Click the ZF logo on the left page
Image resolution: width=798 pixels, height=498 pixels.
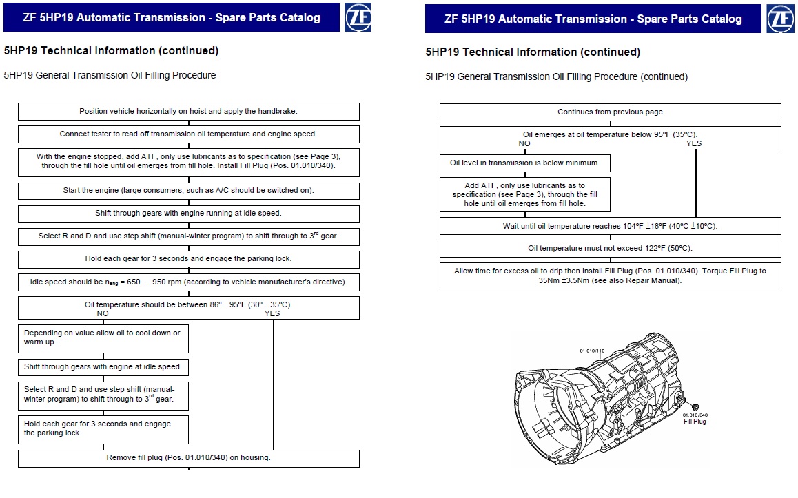(x=358, y=17)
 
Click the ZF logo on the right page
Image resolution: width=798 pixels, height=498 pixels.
(x=780, y=19)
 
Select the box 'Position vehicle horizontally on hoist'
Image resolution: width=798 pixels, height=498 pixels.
(x=188, y=112)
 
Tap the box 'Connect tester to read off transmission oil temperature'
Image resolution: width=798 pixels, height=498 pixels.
(x=188, y=134)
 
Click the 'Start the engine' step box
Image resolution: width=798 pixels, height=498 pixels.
(x=188, y=191)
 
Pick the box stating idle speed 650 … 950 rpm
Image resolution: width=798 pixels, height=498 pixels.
(x=188, y=282)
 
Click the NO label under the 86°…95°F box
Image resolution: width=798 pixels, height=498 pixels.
(x=103, y=314)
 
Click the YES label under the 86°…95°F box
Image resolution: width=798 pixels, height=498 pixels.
(x=272, y=314)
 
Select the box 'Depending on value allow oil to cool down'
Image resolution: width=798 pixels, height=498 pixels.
(x=103, y=338)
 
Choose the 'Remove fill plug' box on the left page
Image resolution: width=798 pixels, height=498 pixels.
(x=188, y=458)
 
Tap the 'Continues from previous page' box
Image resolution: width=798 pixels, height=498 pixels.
(x=610, y=112)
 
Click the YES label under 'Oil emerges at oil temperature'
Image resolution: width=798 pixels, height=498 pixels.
(x=694, y=143)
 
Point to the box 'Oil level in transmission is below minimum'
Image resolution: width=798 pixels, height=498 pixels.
(x=524, y=163)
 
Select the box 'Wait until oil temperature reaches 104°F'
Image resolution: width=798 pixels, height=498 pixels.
(x=610, y=226)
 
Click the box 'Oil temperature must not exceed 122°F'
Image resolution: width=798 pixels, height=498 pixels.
(x=610, y=248)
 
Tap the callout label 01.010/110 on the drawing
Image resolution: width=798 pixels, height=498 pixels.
(x=592, y=351)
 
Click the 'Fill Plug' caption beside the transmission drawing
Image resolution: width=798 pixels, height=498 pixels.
(x=695, y=422)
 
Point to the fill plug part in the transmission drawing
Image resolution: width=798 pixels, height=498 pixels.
(x=695, y=407)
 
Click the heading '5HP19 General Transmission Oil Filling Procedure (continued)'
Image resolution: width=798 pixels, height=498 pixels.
(x=556, y=77)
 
